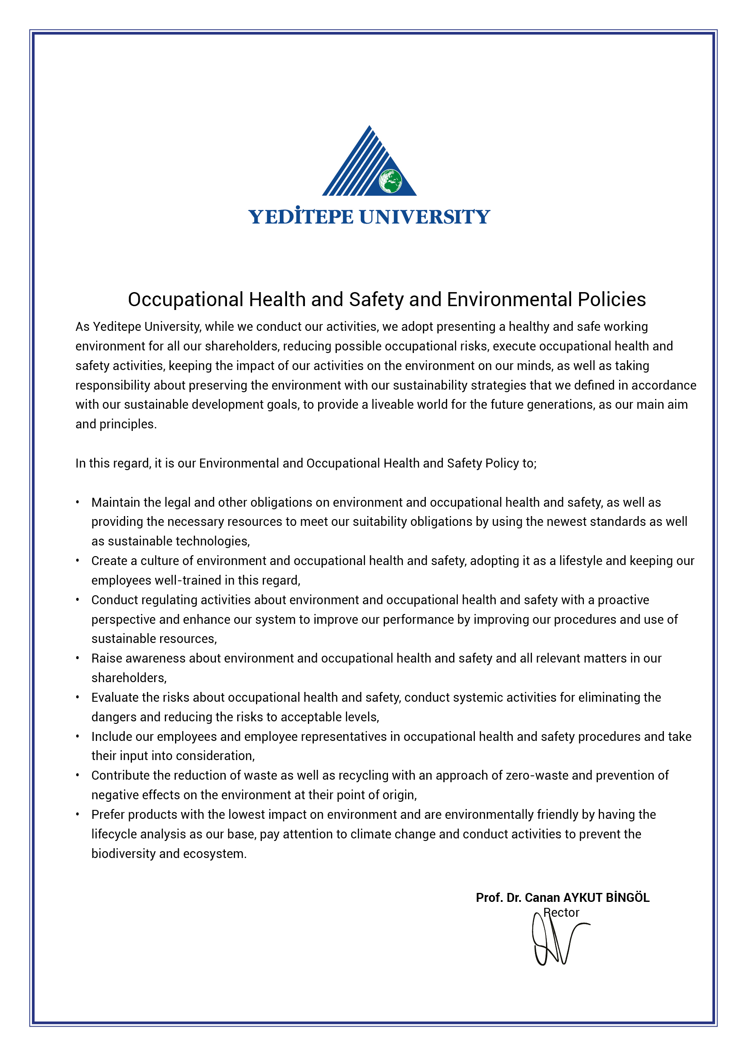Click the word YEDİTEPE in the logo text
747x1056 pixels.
301,217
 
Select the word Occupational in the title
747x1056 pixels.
185,299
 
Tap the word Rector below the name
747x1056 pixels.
561,913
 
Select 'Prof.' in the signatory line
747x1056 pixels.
489,898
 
